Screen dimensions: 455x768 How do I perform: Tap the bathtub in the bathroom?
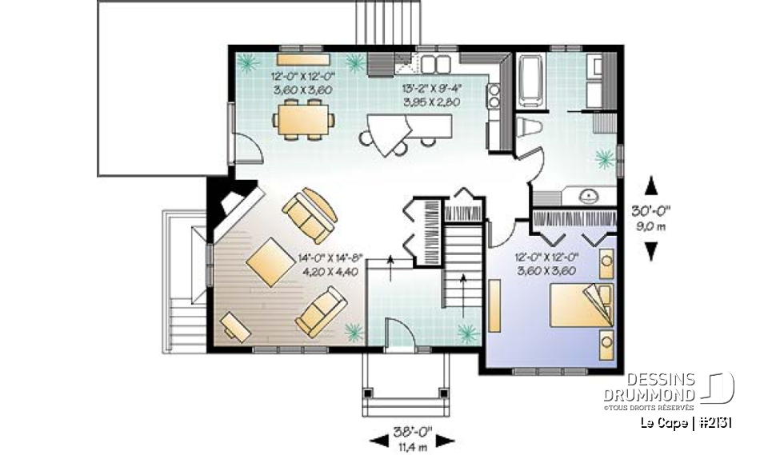click(530, 80)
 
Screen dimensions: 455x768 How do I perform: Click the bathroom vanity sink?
click(586, 194)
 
